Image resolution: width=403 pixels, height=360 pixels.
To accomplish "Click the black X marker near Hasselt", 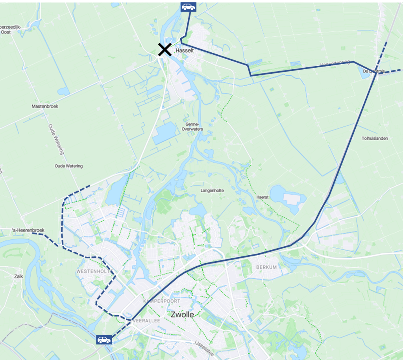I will point(165,50).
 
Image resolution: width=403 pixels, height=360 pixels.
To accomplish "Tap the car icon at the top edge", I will point(188,7).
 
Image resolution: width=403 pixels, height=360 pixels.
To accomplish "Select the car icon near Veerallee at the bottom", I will point(104,340).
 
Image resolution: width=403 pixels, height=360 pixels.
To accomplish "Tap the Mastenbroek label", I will point(44,106).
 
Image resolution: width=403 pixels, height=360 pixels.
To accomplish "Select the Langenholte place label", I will point(212,190).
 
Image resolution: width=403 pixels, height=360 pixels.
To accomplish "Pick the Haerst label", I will point(262,197).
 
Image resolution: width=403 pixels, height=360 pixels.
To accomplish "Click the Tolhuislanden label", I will point(375,139).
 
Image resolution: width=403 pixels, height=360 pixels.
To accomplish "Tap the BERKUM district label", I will point(266,267).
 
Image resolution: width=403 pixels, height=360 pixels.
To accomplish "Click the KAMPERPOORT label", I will point(162,301).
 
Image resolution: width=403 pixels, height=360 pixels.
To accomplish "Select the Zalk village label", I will point(18,276).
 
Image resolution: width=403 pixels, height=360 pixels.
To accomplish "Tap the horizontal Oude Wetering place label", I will point(68,166).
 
